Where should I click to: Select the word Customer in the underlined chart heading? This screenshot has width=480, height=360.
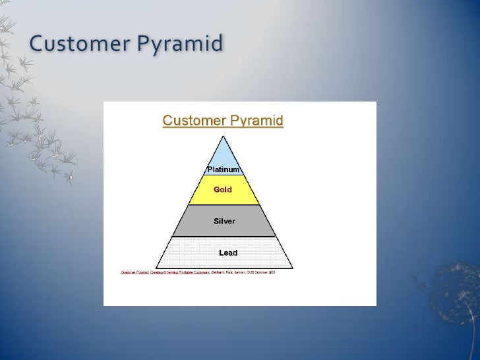[193, 121]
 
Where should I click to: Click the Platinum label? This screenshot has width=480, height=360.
[224, 169]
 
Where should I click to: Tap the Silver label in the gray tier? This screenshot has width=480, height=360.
[224, 221]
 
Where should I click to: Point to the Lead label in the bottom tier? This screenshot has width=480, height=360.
[227, 253]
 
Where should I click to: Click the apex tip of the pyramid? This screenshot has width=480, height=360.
[224, 136]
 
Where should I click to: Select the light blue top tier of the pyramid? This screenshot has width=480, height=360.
[224, 157]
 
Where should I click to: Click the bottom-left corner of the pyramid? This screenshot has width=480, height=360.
[156, 268]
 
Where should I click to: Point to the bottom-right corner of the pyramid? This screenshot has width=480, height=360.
[293, 268]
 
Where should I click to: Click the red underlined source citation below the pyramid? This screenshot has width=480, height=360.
[165, 272]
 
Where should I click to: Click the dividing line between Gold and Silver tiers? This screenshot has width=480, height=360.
[224, 205]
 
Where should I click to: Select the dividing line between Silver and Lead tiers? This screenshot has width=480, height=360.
[224, 237]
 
